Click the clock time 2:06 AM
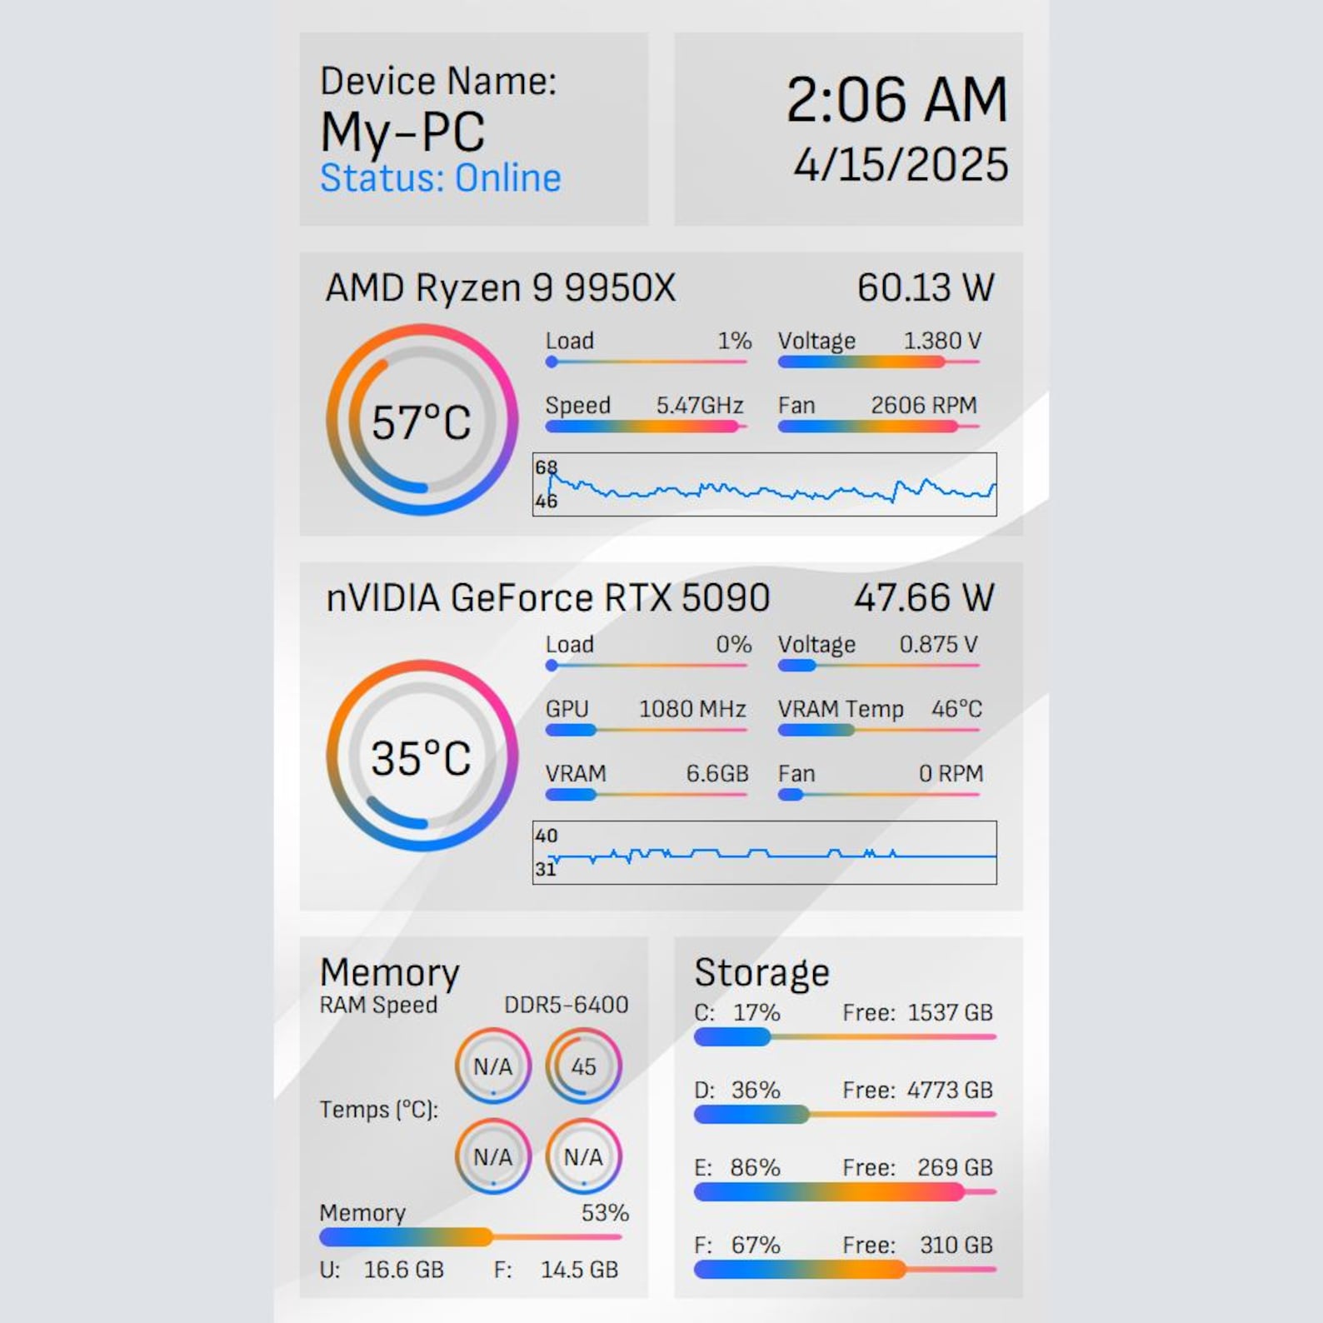coord(896,100)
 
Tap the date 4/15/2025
coord(901,164)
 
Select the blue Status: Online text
coord(441,178)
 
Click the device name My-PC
coord(402,132)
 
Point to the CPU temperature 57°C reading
coord(421,422)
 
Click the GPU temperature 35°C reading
coord(421,758)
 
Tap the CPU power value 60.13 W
coord(926,287)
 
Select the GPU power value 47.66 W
coord(924,597)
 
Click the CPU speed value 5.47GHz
coord(700,406)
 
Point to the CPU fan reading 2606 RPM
coord(924,406)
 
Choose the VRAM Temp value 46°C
coord(957,709)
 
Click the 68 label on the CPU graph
coord(546,467)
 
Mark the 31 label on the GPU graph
coord(546,869)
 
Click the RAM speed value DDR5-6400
coord(567,1005)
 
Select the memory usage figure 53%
coord(605,1213)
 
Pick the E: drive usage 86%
coord(755,1167)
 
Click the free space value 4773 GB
coord(950,1090)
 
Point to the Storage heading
coord(762,972)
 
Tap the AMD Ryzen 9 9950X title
coord(501,287)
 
